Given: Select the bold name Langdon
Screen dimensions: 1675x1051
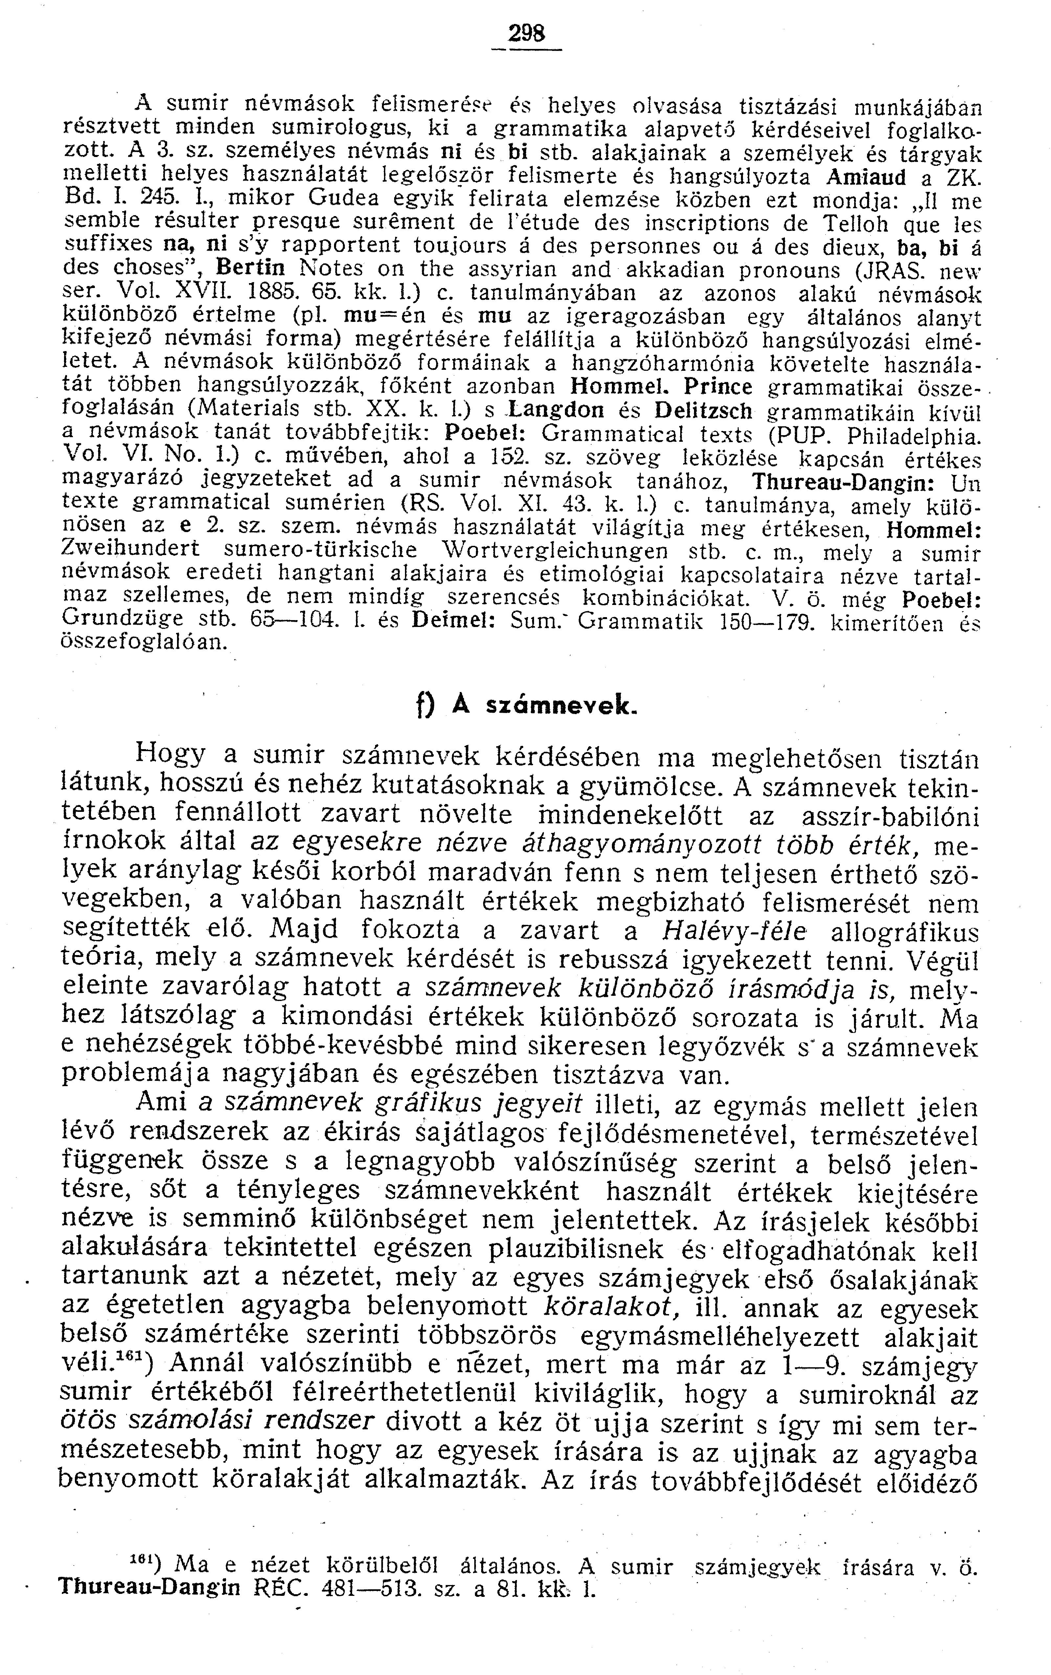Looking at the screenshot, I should (560, 412).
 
